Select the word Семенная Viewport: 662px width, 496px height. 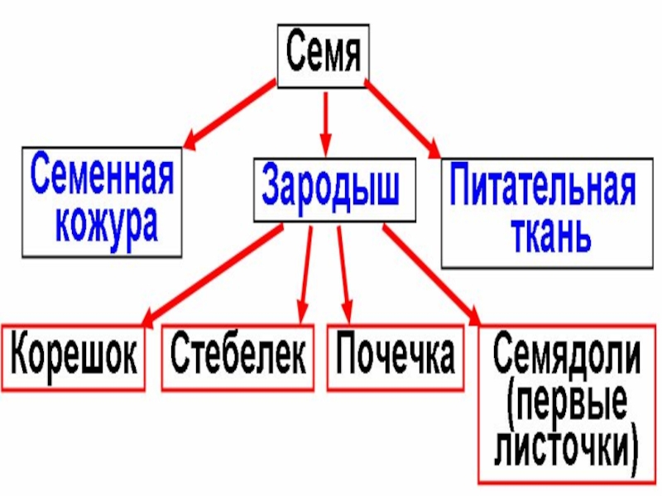pyautogui.click(x=103, y=175)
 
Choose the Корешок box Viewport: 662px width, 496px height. pyautogui.click(x=74, y=356)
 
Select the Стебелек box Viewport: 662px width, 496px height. pyautogui.click(x=238, y=356)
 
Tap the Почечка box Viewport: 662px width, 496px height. pyautogui.click(x=396, y=356)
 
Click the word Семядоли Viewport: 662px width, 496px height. pyautogui.click(x=567, y=355)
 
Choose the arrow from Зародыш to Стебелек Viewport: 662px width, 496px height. pyautogui.click(x=307, y=273)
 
